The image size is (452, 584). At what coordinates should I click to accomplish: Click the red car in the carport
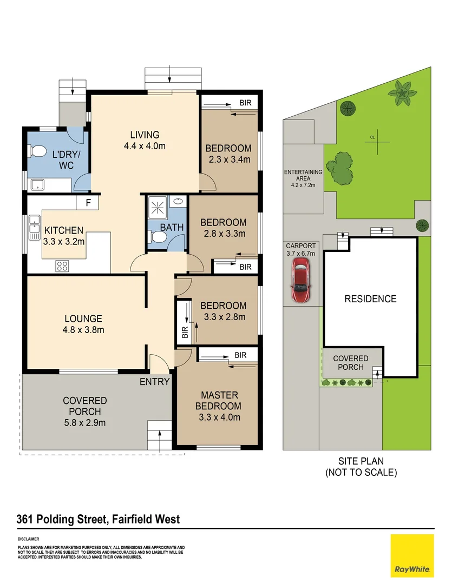[300, 280]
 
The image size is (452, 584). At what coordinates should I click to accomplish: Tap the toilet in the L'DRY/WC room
[37, 152]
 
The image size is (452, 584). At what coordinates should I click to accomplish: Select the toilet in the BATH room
[158, 237]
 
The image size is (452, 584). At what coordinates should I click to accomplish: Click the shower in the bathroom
[158, 207]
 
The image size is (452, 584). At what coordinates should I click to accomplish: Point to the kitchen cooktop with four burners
[62, 266]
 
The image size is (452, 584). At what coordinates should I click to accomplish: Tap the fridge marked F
[87, 203]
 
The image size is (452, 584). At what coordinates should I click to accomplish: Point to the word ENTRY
[155, 382]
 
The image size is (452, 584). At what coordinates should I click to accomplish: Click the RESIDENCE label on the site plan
[371, 298]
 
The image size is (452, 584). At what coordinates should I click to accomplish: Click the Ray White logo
[412, 555]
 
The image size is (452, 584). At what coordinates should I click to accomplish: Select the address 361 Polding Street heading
[98, 520]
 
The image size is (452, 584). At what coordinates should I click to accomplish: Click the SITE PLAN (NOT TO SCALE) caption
[361, 467]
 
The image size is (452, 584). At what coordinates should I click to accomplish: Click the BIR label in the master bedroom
[240, 355]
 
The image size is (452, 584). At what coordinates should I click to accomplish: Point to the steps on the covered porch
[160, 436]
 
